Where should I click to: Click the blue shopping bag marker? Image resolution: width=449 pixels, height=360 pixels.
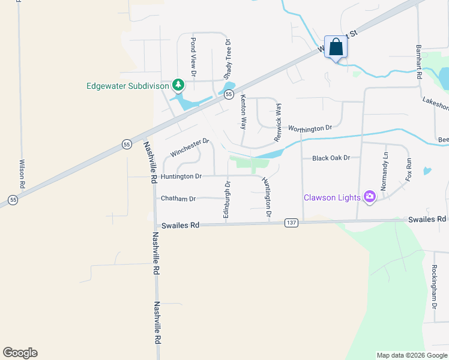[x=336, y=47]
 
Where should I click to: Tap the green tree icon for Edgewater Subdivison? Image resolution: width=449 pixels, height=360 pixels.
[x=178, y=86]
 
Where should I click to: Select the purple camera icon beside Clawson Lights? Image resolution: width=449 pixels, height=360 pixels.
[x=370, y=197]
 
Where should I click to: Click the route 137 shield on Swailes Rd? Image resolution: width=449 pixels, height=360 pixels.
[x=292, y=223]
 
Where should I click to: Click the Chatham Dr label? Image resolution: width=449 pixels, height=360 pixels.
[x=178, y=199]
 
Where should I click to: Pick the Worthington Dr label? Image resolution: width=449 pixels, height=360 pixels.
[x=310, y=128]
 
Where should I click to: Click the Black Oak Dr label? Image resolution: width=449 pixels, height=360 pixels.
[x=331, y=158]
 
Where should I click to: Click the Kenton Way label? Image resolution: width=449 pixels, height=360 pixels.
[x=244, y=112]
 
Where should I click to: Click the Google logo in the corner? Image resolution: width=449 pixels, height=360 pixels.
[x=20, y=353]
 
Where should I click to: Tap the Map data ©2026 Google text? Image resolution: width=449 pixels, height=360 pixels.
[x=412, y=355]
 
